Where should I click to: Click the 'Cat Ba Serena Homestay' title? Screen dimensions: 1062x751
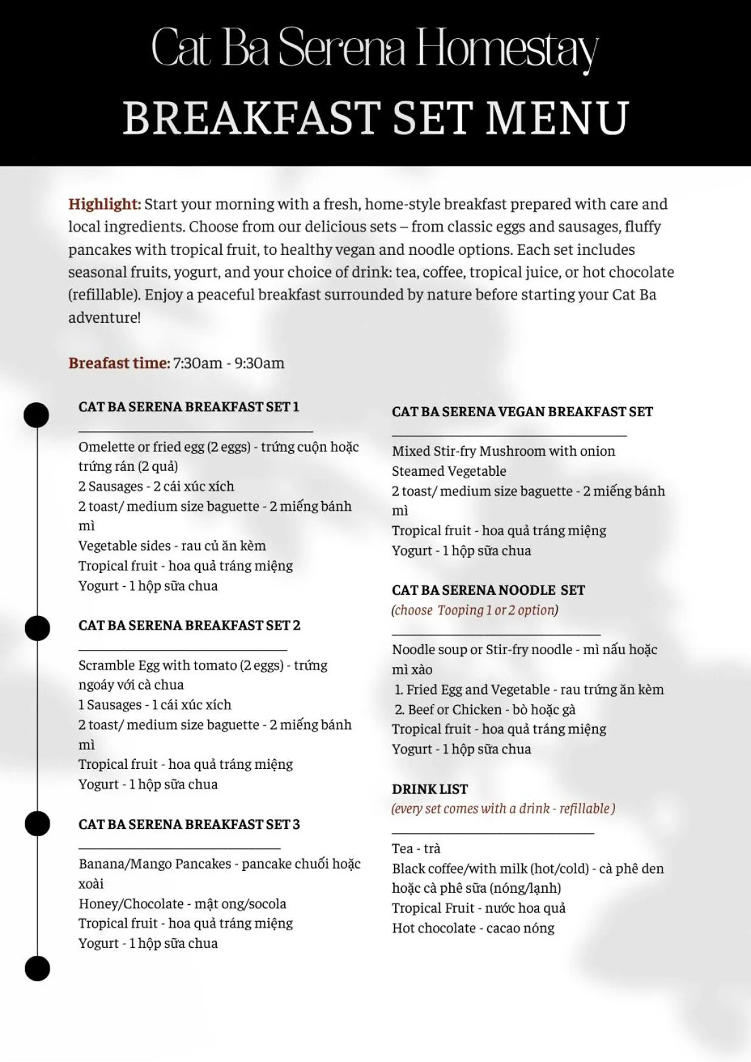[x=375, y=49]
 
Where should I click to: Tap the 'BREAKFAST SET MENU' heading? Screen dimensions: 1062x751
[x=375, y=118]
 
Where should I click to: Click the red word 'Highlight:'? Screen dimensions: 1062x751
[x=104, y=204]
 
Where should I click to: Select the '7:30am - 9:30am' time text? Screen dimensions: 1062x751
[x=229, y=363]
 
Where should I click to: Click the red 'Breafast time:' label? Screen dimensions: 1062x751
[x=119, y=363]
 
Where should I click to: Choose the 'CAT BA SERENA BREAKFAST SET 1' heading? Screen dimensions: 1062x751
[x=189, y=407]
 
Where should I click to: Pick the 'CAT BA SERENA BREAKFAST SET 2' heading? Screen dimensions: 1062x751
[x=189, y=625]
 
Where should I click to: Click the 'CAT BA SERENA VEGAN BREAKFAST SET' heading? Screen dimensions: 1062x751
[x=522, y=411]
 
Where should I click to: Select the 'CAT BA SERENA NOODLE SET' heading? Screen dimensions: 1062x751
[x=488, y=590]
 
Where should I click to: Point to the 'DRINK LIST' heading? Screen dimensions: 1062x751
[x=430, y=789]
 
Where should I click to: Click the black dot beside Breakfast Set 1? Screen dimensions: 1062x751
[x=36, y=415]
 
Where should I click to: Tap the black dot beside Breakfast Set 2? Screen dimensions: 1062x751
[x=36, y=628]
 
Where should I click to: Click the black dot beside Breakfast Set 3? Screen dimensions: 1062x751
[x=36, y=824]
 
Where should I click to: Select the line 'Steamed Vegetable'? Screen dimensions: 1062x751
[x=449, y=471]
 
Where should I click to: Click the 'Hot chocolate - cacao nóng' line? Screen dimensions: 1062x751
[x=473, y=928]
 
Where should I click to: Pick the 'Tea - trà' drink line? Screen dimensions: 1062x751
[x=416, y=848]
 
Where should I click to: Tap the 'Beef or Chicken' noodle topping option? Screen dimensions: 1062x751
[x=484, y=709]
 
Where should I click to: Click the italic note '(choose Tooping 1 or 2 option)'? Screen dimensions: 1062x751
[x=475, y=610]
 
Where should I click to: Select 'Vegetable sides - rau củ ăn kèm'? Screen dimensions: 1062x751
[x=172, y=546]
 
